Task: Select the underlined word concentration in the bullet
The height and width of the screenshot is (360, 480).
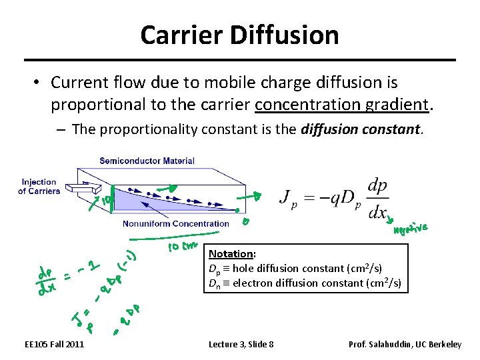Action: (x=307, y=105)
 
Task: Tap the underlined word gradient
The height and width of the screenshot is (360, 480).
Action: (x=397, y=105)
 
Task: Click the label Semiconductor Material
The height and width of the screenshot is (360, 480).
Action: (x=147, y=161)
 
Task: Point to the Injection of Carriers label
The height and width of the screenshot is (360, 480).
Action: (x=39, y=187)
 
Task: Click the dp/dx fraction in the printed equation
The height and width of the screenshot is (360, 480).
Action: (x=377, y=199)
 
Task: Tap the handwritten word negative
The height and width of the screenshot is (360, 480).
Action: (x=411, y=229)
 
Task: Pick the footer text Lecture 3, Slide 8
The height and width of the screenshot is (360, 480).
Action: (x=241, y=344)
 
